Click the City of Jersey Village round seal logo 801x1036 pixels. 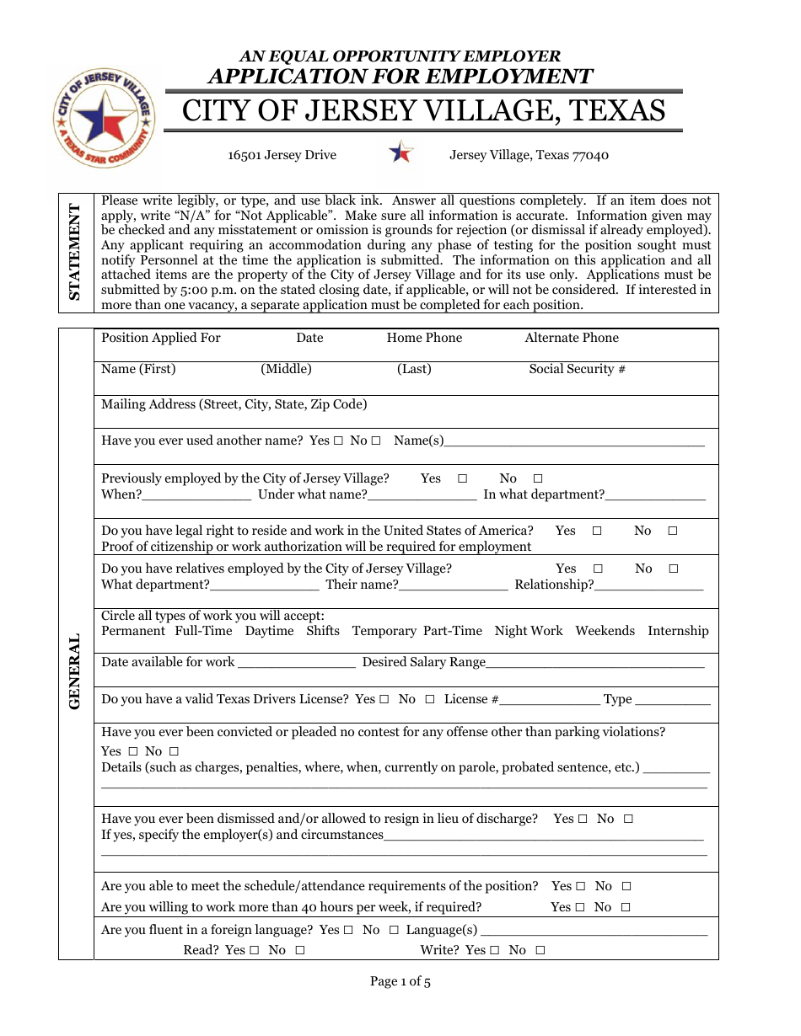pyautogui.click(x=104, y=118)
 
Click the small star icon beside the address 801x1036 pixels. pyautogui.click(x=401, y=152)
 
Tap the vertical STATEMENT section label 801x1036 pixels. pyautogui.click(x=75, y=252)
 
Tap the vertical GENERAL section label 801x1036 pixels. pyautogui.click(x=75, y=670)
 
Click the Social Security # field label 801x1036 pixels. pyautogui.click(x=577, y=369)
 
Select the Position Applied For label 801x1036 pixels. pyautogui.click(x=160, y=338)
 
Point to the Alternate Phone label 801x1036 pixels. pyautogui.click(x=571, y=338)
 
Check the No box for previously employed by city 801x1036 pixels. pyautogui.click(x=538, y=478)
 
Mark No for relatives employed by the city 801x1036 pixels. pyautogui.click(x=673, y=569)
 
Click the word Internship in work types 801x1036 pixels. pyautogui.click(x=678, y=631)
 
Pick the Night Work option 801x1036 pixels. pyautogui.click(x=528, y=631)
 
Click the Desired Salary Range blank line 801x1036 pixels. pyautogui.click(x=594, y=664)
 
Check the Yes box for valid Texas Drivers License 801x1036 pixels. pyautogui.click(x=384, y=699)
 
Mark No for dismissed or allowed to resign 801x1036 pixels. pyautogui.click(x=628, y=819)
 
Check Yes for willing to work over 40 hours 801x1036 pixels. pyautogui.click(x=579, y=907)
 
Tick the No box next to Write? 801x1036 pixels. pyautogui.click(x=540, y=950)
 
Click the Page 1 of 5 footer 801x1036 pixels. pyautogui.click(x=400, y=981)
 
